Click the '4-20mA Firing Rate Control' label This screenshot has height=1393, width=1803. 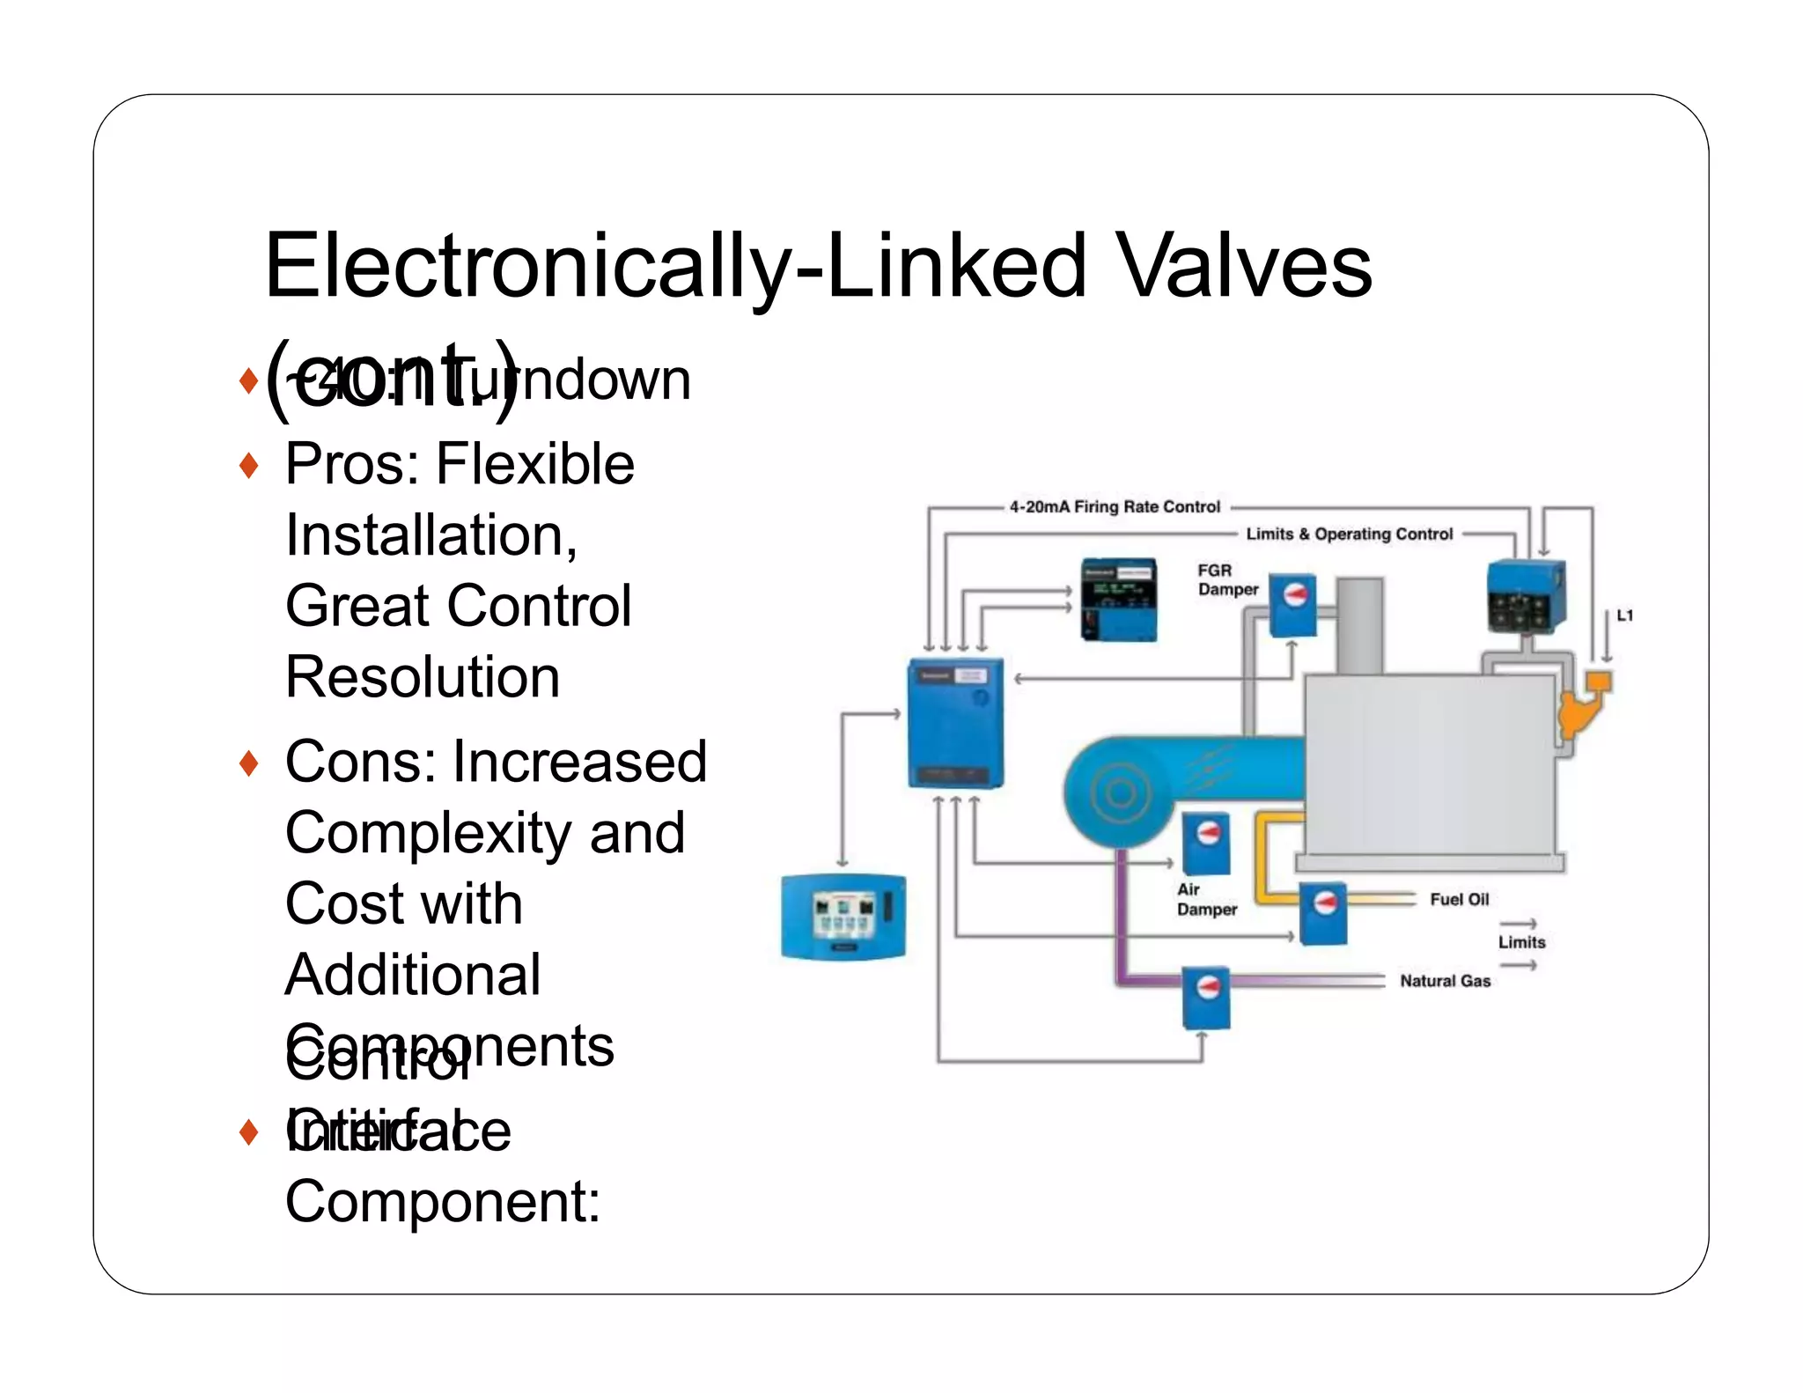(x=1115, y=506)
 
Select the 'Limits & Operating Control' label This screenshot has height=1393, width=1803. (x=1349, y=534)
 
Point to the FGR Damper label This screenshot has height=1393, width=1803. (x=1227, y=579)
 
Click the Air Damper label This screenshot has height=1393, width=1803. (x=1206, y=899)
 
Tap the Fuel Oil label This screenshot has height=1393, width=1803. (x=1459, y=899)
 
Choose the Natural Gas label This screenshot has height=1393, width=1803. (x=1445, y=981)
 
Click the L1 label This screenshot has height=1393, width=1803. (x=1624, y=615)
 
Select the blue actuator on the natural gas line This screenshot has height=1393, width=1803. (x=1205, y=998)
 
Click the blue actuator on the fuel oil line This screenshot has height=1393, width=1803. (x=1322, y=912)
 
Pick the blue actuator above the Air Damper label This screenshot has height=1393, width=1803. (x=1205, y=843)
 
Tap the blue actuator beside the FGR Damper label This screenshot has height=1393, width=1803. (x=1292, y=604)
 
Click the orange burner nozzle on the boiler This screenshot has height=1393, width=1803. (x=1581, y=704)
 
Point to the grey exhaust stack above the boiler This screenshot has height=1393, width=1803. (x=1359, y=625)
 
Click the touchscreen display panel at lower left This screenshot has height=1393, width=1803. (x=843, y=916)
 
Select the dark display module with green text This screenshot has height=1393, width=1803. (x=1118, y=599)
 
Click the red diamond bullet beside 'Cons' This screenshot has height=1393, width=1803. (x=249, y=763)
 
